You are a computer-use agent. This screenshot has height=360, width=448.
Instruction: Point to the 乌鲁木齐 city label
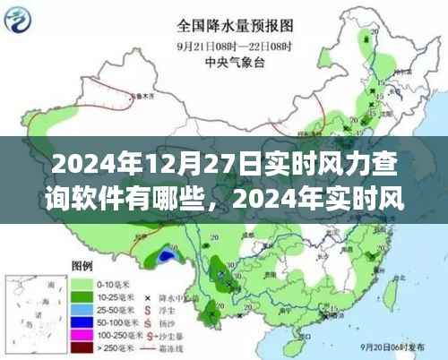click(137, 92)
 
